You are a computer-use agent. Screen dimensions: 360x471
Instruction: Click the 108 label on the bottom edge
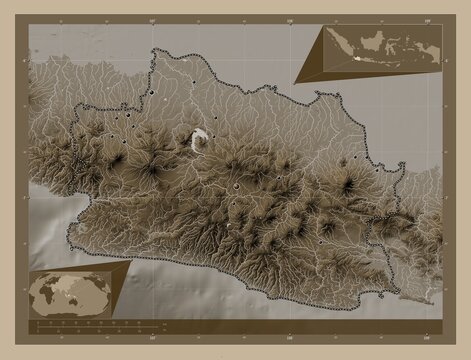294,340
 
